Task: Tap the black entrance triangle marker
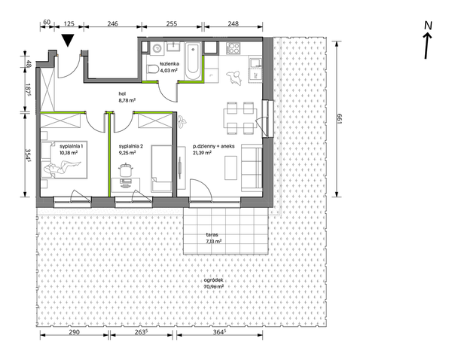pyautogui.click(x=69, y=40)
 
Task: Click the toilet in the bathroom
pyautogui.click(x=152, y=69)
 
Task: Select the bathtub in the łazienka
pyautogui.click(x=193, y=61)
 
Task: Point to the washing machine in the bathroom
pyautogui.click(x=157, y=48)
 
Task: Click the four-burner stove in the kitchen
pyautogui.click(x=233, y=48)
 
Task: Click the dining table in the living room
pyautogui.click(x=240, y=118)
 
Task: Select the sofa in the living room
pyautogui.click(x=252, y=168)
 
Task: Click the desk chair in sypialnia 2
pyautogui.click(x=125, y=170)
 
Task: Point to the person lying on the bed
pyautogui.click(x=62, y=169)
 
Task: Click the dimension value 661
pyautogui.click(x=339, y=118)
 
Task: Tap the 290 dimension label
pyautogui.click(x=74, y=332)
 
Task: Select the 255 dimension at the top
pyautogui.click(x=172, y=23)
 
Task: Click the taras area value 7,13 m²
pyautogui.click(x=214, y=241)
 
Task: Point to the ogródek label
pyautogui.click(x=213, y=280)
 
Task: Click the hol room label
pyautogui.click(x=123, y=93)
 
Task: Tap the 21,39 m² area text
pyautogui.click(x=203, y=153)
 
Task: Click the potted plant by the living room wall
pyautogui.click(x=182, y=121)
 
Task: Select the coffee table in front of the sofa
pyautogui.click(x=231, y=168)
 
